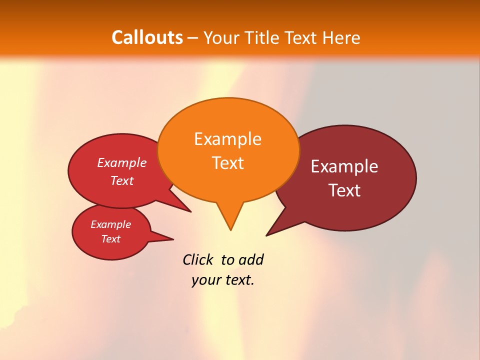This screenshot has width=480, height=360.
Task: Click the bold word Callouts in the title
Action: pos(147,37)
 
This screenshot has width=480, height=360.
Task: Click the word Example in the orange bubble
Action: pos(227,139)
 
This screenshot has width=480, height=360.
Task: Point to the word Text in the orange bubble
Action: pos(227,163)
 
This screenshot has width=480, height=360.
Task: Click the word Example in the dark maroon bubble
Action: pos(344,166)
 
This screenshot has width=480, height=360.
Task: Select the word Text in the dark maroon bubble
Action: pos(344,190)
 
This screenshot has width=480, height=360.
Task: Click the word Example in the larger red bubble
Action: pos(122,162)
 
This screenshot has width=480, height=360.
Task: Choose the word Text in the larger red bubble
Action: pos(122,180)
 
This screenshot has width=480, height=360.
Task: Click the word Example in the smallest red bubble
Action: pos(110,224)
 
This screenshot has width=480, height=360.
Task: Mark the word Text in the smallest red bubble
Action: pos(110,239)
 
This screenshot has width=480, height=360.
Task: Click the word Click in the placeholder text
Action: pos(197,259)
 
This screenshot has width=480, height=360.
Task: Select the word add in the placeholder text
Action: pos(250,259)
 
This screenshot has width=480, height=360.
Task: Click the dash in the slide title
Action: pos(193,38)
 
